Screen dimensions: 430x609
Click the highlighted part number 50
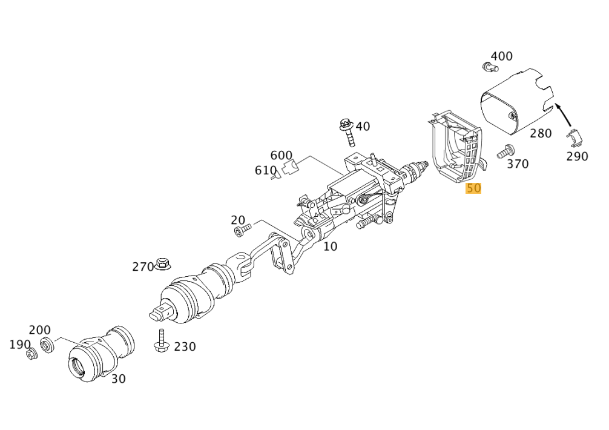(x=473, y=188)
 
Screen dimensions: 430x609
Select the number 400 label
(x=501, y=56)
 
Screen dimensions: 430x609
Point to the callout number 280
(x=541, y=133)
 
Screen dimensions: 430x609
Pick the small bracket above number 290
(x=575, y=137)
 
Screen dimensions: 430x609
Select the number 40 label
(x=363, y=127)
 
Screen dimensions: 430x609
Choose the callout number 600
(x=281, y=156)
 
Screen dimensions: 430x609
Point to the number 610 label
(x=265, y=171)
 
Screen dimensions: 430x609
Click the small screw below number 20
(x=242, y=230)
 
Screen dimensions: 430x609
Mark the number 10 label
(x=330, y=246)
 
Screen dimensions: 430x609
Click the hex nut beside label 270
(x=162, y=263)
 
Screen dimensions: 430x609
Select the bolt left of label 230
(x=162, y=341)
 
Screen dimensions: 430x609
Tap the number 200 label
(x=40, y=330)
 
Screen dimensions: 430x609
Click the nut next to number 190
(x=32, y=354)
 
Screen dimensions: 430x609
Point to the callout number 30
(x=119, y=379)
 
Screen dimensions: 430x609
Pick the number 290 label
(x=577, y=156)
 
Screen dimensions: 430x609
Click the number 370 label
(x=518, y=164)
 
